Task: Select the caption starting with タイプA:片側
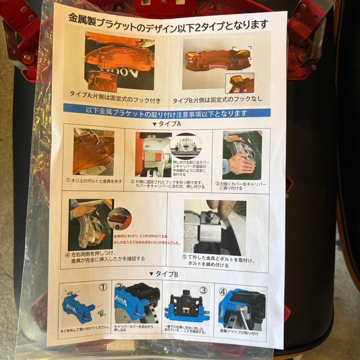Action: click(x=115, y=99)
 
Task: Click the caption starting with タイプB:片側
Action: click(x=218, y=99)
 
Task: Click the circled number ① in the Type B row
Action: click(x=103, y=286)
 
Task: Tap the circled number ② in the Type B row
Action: click(x=119, y=287)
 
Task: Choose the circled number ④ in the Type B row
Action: click(x=223, y=291)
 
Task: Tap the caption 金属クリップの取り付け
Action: click(x=239, y=332)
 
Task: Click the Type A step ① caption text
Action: click(x=94, y=182)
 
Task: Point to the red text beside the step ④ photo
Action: click(x=147, y=239)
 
